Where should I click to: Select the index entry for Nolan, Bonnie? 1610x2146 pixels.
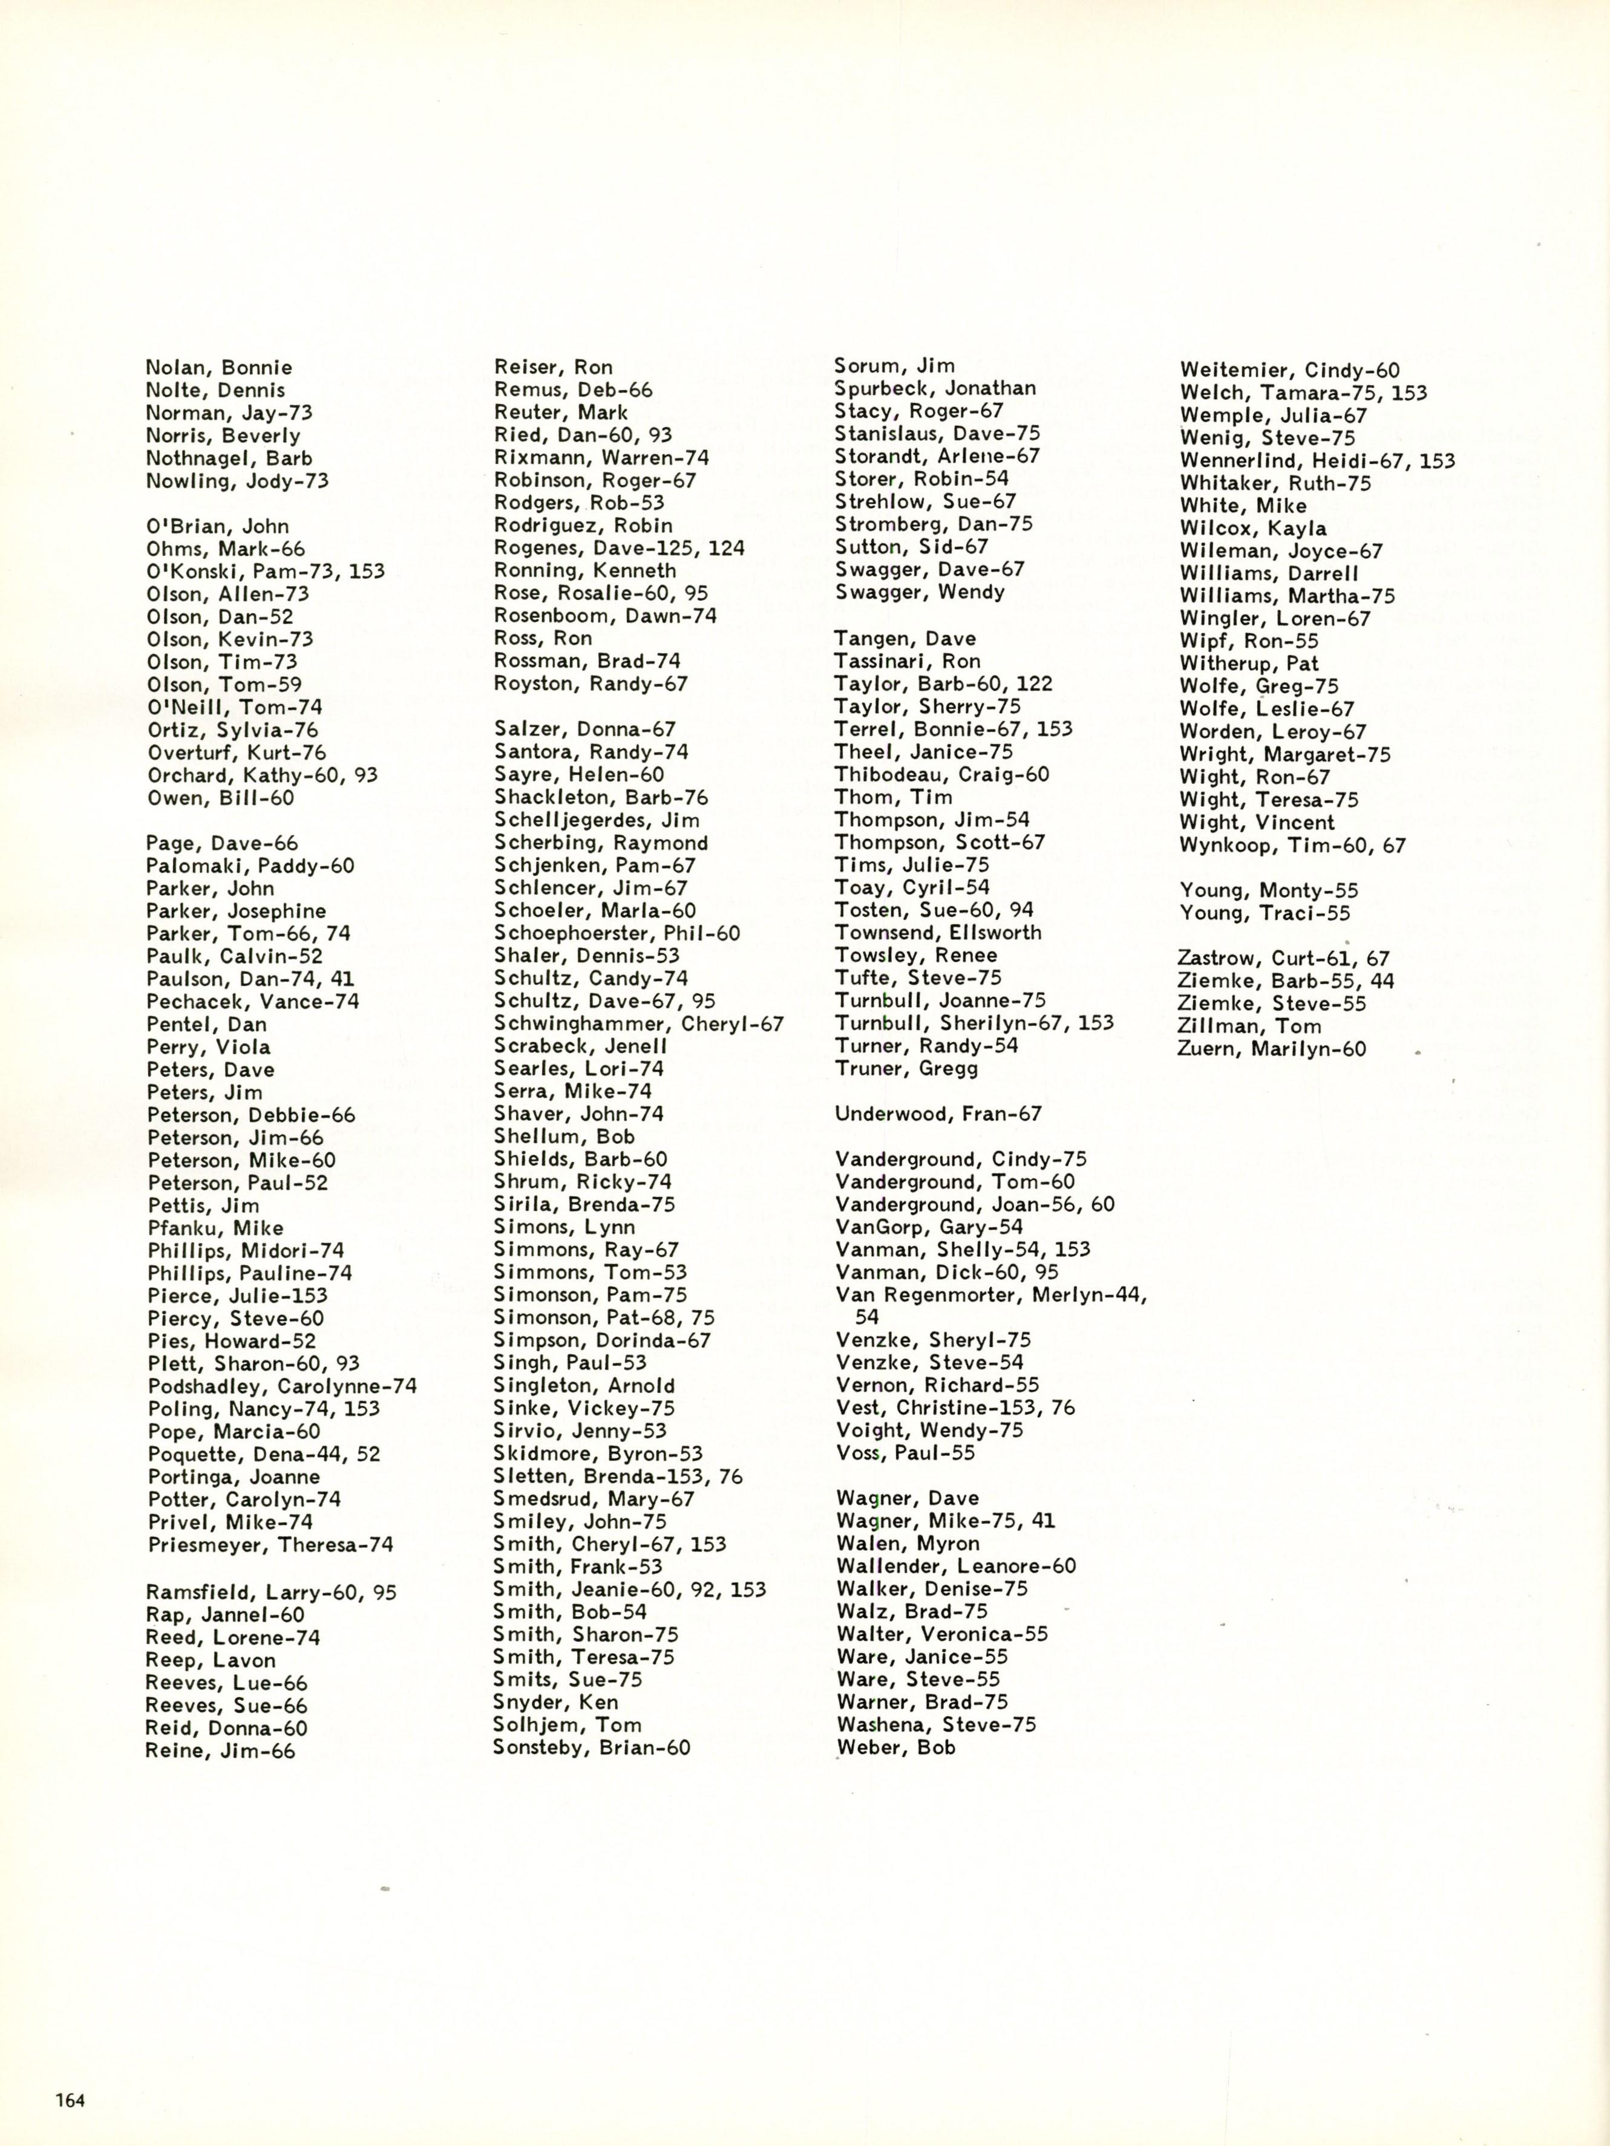coord(218,368)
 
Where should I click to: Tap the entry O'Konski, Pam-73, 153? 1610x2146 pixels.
coord(265,572)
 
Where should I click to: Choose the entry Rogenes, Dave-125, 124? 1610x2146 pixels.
coord(619,548)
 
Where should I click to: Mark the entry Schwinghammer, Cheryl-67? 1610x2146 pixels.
coord(638,1023)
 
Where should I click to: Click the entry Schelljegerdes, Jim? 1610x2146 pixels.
coord(597,820)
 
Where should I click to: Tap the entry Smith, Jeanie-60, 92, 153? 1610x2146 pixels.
coord(629,1589)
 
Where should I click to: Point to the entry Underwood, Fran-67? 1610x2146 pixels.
coord(937,1114)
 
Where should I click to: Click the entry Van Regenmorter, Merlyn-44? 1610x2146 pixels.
coord(990,1295)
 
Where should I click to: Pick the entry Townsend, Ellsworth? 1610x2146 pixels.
coord(937,932)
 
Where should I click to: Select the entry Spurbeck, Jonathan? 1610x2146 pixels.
coord(935,388)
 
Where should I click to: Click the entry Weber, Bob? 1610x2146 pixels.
coord(895,1747)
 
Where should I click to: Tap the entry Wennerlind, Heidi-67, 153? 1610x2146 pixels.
coord(1317,461)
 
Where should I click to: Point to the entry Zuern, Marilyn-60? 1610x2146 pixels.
coord(1272,1049)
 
